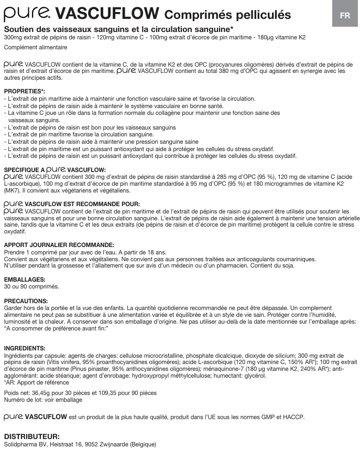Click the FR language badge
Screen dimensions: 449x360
point(345,15)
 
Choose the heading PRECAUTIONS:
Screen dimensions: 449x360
point(26,301)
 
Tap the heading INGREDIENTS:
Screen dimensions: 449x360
point(25,348)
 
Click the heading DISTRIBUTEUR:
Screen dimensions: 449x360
point(31,436)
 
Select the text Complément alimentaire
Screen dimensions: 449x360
point(35,48)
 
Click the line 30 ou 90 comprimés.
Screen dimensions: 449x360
point(31,287)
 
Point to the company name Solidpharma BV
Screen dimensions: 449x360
point(24,444)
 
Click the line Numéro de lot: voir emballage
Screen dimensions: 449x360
point(43,400)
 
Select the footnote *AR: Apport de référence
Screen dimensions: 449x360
point(36,383)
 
